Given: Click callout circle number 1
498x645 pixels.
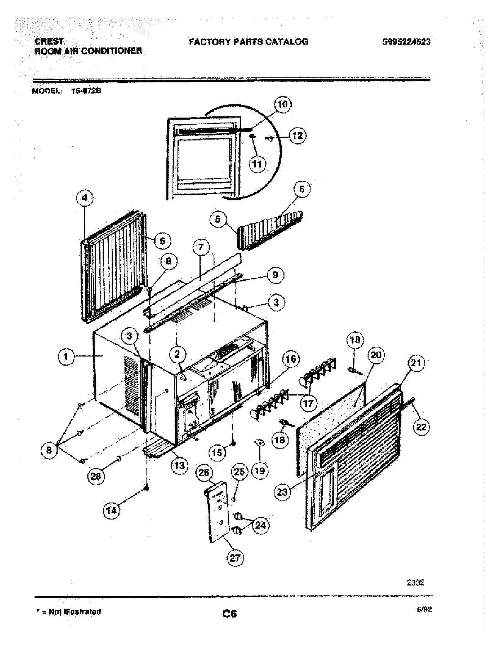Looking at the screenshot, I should pos(66,357).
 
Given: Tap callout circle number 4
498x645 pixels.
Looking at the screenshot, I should pos(85,198).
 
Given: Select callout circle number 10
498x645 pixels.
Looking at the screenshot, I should pos(283,105).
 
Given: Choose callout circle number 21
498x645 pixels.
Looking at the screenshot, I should pos(415,363).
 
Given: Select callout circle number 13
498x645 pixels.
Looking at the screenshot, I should pos(179,466).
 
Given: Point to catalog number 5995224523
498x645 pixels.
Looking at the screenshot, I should pos(406,42).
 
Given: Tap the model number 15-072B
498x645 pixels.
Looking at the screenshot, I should pos(86,91).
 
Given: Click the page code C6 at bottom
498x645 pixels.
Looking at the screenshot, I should pos(230,614).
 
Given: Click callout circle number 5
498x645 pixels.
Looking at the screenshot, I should pos(218,219).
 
